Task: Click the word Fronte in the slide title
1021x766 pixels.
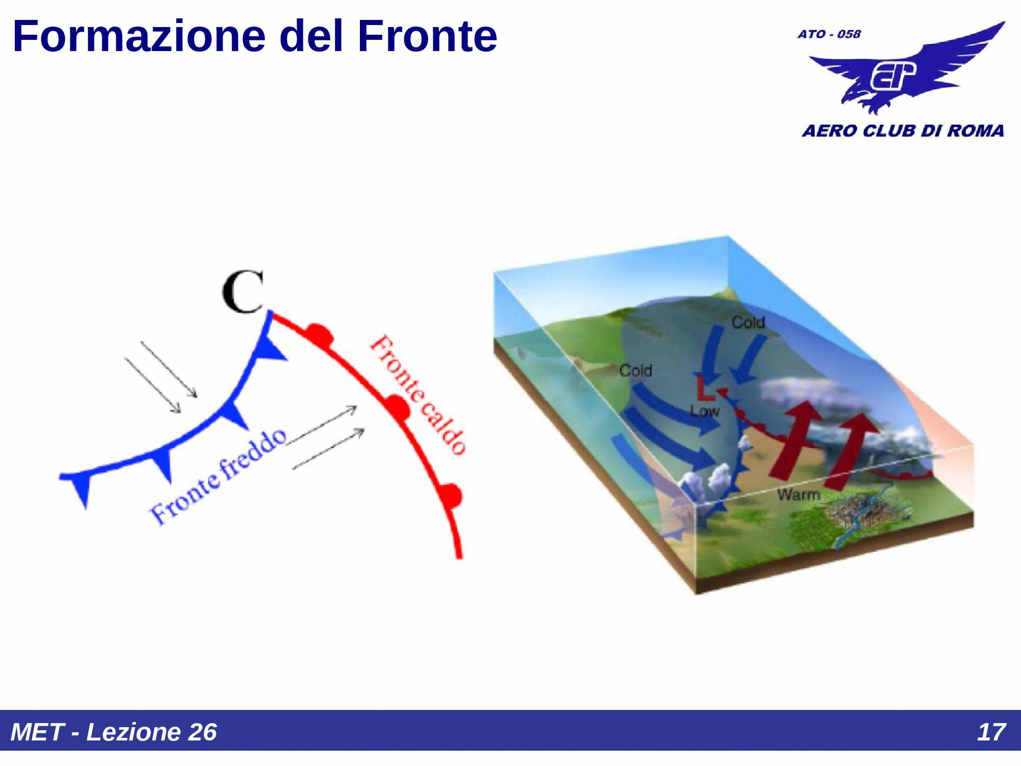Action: (x=427, y=37)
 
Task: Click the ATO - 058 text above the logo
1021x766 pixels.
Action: (x=829, y=34)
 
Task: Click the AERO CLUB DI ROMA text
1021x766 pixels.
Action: (x=903, y=131)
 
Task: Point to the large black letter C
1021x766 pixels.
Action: (x=244, y=292)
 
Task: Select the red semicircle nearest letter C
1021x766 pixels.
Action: (x=320, y=334)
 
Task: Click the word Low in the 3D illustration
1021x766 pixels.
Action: (x=704, y=411)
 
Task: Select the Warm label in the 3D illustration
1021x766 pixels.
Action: (x=798, y=494)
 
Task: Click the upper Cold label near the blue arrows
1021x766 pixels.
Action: (x=748, y=322)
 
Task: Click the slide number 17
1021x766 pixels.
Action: (x=991, y=732)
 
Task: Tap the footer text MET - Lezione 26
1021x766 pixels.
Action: (x=114, y=732)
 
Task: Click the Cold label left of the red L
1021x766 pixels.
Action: (x=635, y=370)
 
